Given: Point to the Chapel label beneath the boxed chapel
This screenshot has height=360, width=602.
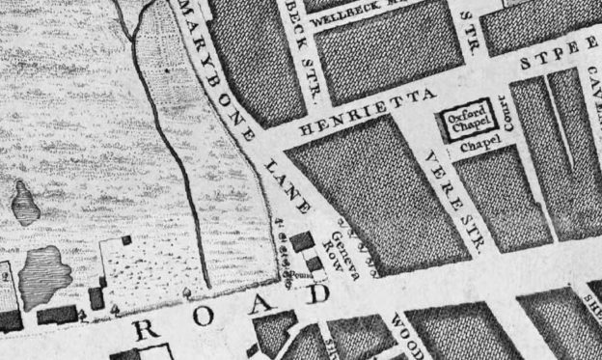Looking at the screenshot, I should tap(476, 150).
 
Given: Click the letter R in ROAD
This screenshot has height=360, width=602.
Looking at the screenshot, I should tap(146, 330).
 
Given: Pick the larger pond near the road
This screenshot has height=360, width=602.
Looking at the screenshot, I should tap(42, 273).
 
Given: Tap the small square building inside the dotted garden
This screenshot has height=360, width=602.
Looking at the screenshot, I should tap(125, 238).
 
